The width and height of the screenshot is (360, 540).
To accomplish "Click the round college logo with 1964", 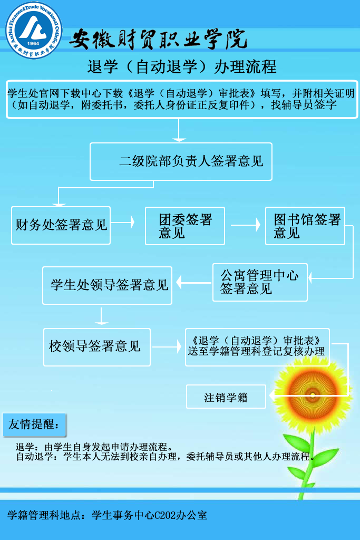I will tap(34, 30).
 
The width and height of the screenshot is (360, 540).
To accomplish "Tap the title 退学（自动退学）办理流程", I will tap(182, 67).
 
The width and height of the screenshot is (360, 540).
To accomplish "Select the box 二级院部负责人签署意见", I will tap(181, 161).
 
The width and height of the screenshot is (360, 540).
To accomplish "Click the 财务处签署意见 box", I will tap(61, 225).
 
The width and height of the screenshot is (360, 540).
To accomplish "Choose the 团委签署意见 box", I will tap(185, 226).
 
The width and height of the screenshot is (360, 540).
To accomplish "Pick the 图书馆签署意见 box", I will tap(305, 226).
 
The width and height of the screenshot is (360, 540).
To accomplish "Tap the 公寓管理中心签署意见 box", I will tap(260, 282).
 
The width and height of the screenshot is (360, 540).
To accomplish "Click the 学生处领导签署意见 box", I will tap(108, 285).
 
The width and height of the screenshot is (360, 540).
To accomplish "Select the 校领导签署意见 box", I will tap(97, 347).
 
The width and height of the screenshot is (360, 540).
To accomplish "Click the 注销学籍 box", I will tap(226, 397).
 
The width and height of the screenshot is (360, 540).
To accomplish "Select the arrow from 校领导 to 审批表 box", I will tap(167, 347).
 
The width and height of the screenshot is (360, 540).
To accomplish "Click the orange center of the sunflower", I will tap(312, 394).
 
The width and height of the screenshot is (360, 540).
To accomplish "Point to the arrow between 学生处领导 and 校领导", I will tap(101, 316).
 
